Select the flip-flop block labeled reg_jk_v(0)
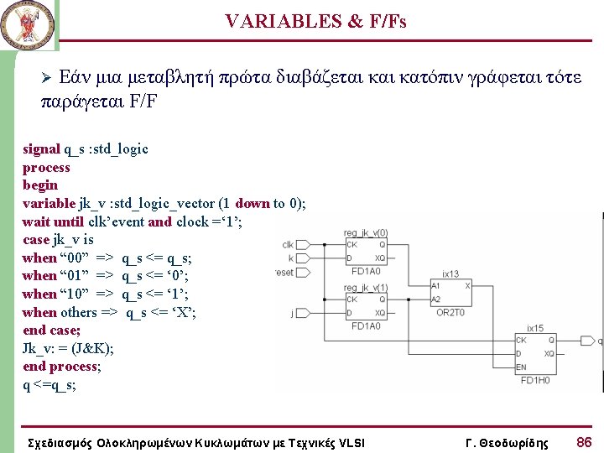coord(366,251)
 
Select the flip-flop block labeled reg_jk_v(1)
coord(366,307)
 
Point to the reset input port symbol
coord(285,273)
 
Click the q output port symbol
coord(598,341)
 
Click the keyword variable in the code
coord(49,203)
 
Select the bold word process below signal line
coord(46,167)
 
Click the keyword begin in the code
coord(40,185)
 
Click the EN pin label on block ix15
coord(522,367)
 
